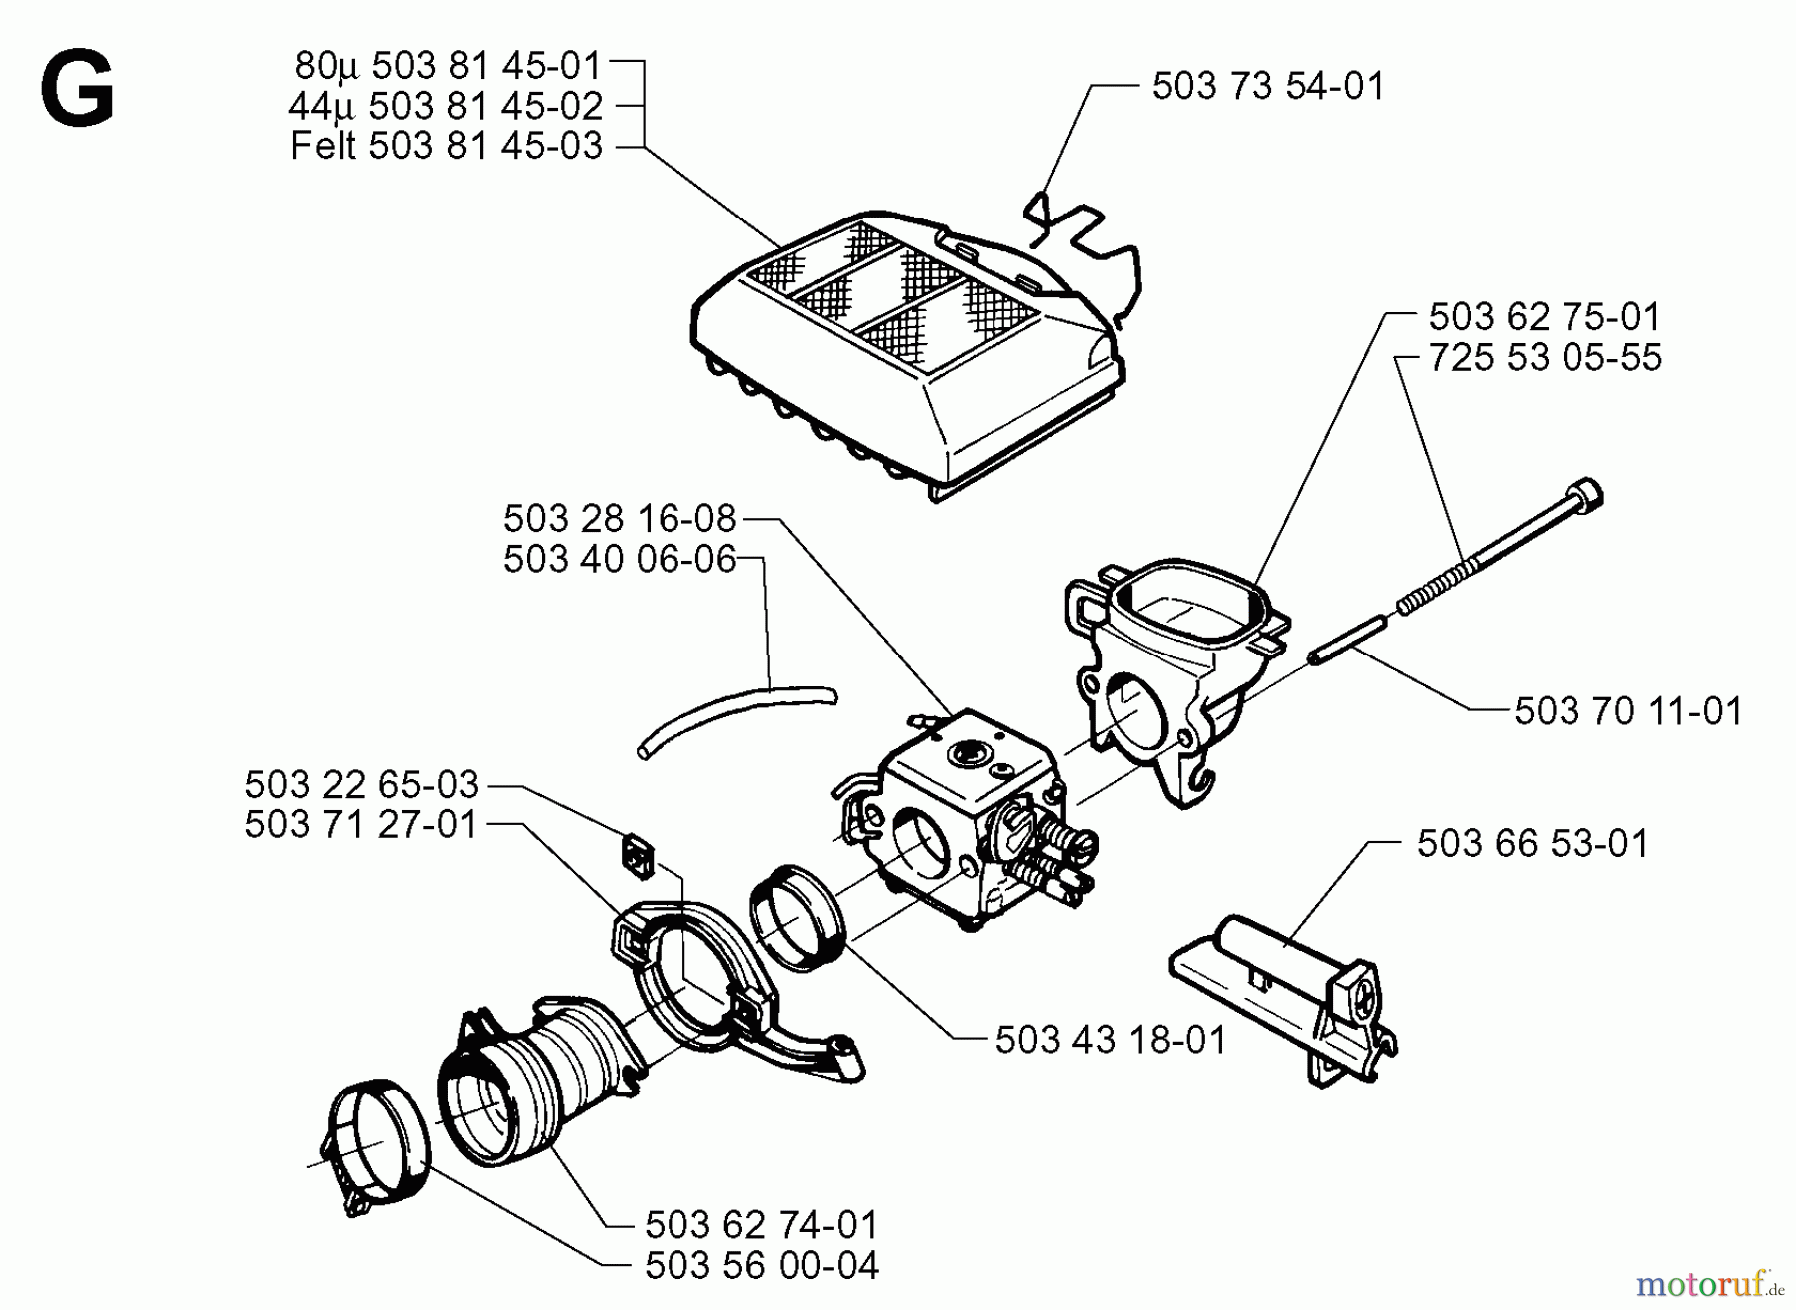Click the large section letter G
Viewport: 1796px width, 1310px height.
(77, 91)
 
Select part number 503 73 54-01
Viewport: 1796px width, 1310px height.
(1268, 87)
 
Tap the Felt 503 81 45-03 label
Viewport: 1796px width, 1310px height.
(446, 147)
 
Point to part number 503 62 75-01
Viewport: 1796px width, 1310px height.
(1545, 318)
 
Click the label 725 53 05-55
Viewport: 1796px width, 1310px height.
(1545, 358)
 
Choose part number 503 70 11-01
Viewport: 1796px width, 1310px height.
(1628, 712)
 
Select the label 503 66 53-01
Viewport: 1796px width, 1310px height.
(1533, 844)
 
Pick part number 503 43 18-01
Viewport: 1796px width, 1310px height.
(1111, 1041)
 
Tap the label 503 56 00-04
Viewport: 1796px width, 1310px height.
(761, 1266)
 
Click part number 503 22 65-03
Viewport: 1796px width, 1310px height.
(362, 785)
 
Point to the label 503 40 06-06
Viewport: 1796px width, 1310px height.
(620, 560)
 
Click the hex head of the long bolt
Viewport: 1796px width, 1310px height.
(1587, 495)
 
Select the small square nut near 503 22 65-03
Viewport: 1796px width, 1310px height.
(636, 856)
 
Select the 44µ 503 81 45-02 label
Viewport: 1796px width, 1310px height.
(445, 107)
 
